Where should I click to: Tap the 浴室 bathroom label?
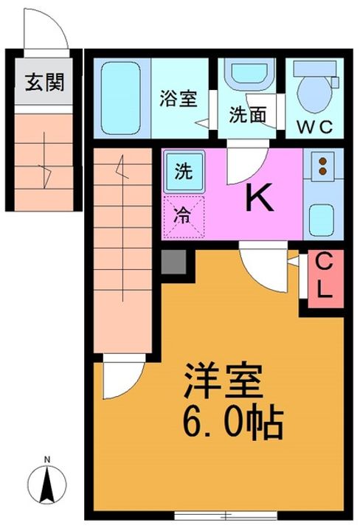coord(179,99)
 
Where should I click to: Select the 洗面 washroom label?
coord(246,116)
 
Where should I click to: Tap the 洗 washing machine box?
coord(181,171)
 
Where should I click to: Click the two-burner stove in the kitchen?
coord(322,168)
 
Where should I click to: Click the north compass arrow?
coord(48,485)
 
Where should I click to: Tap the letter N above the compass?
coord(48,462)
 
